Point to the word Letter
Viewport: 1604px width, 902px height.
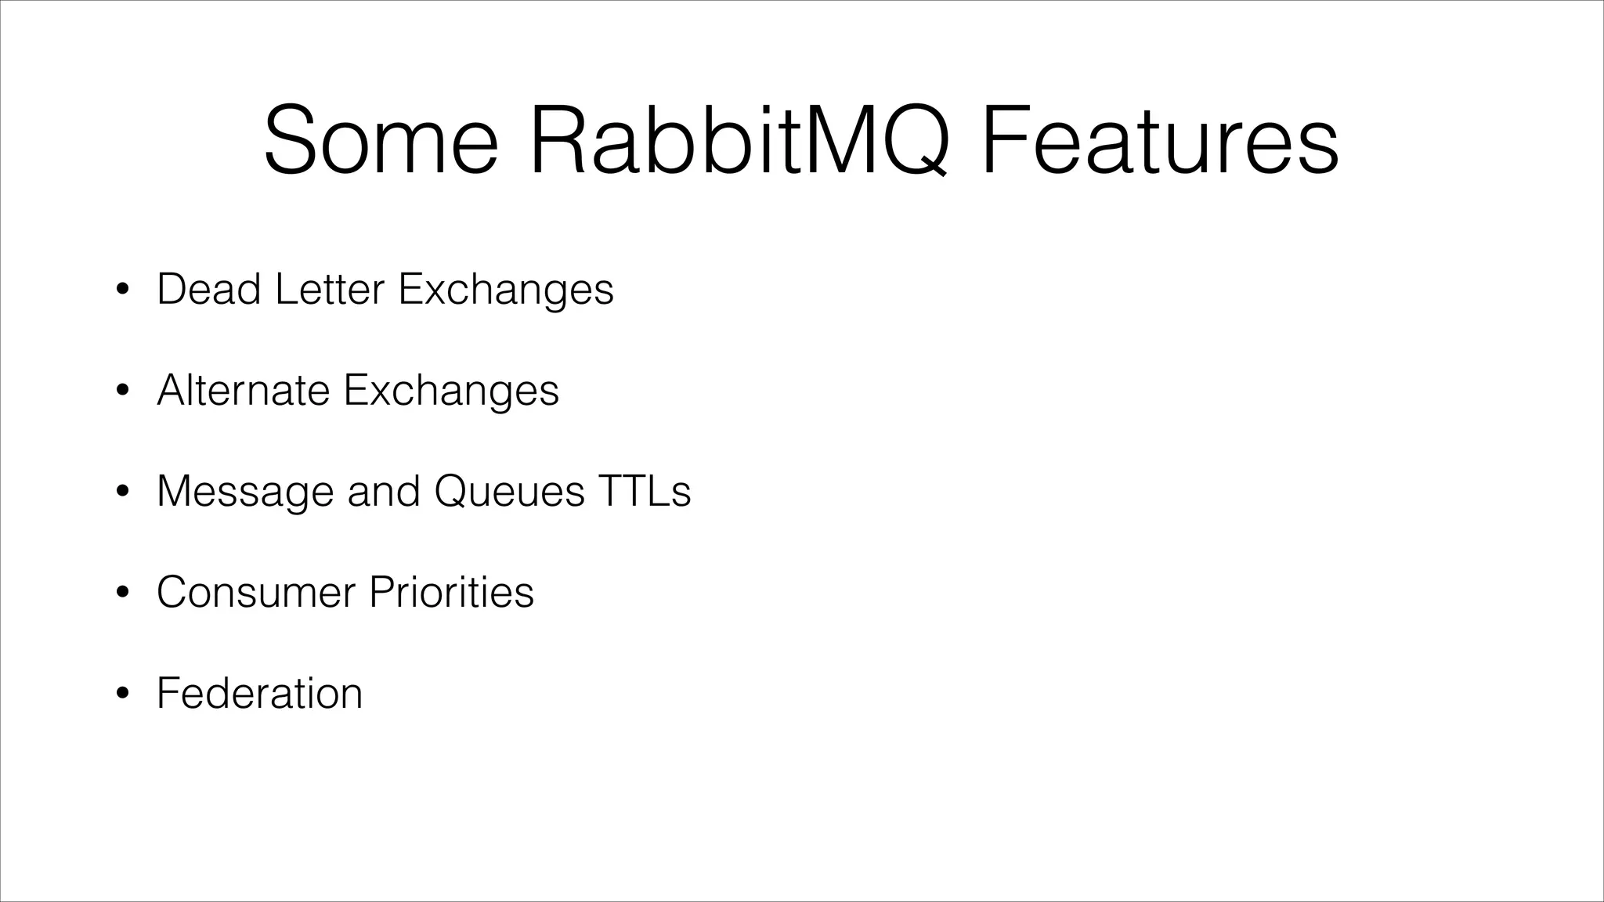(330, 289)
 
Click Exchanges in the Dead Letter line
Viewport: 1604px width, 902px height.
(506, 290)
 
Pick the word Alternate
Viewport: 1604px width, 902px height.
(243, 390)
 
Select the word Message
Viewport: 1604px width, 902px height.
(244, 492)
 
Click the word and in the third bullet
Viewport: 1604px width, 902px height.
(383, 491)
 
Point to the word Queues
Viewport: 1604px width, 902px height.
(509, 492)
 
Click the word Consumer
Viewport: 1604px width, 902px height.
(256, 592)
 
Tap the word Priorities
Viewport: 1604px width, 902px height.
(451, 592)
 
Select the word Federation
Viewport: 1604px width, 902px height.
(259, 693)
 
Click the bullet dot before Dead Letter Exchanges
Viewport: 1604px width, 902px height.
(121, 290)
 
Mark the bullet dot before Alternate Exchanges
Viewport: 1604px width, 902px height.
(121, 391)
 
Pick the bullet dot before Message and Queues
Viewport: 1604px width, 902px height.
(121, 492)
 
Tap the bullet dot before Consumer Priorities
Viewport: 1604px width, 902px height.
(121, 594)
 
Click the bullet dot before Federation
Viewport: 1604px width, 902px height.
(121, 695)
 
